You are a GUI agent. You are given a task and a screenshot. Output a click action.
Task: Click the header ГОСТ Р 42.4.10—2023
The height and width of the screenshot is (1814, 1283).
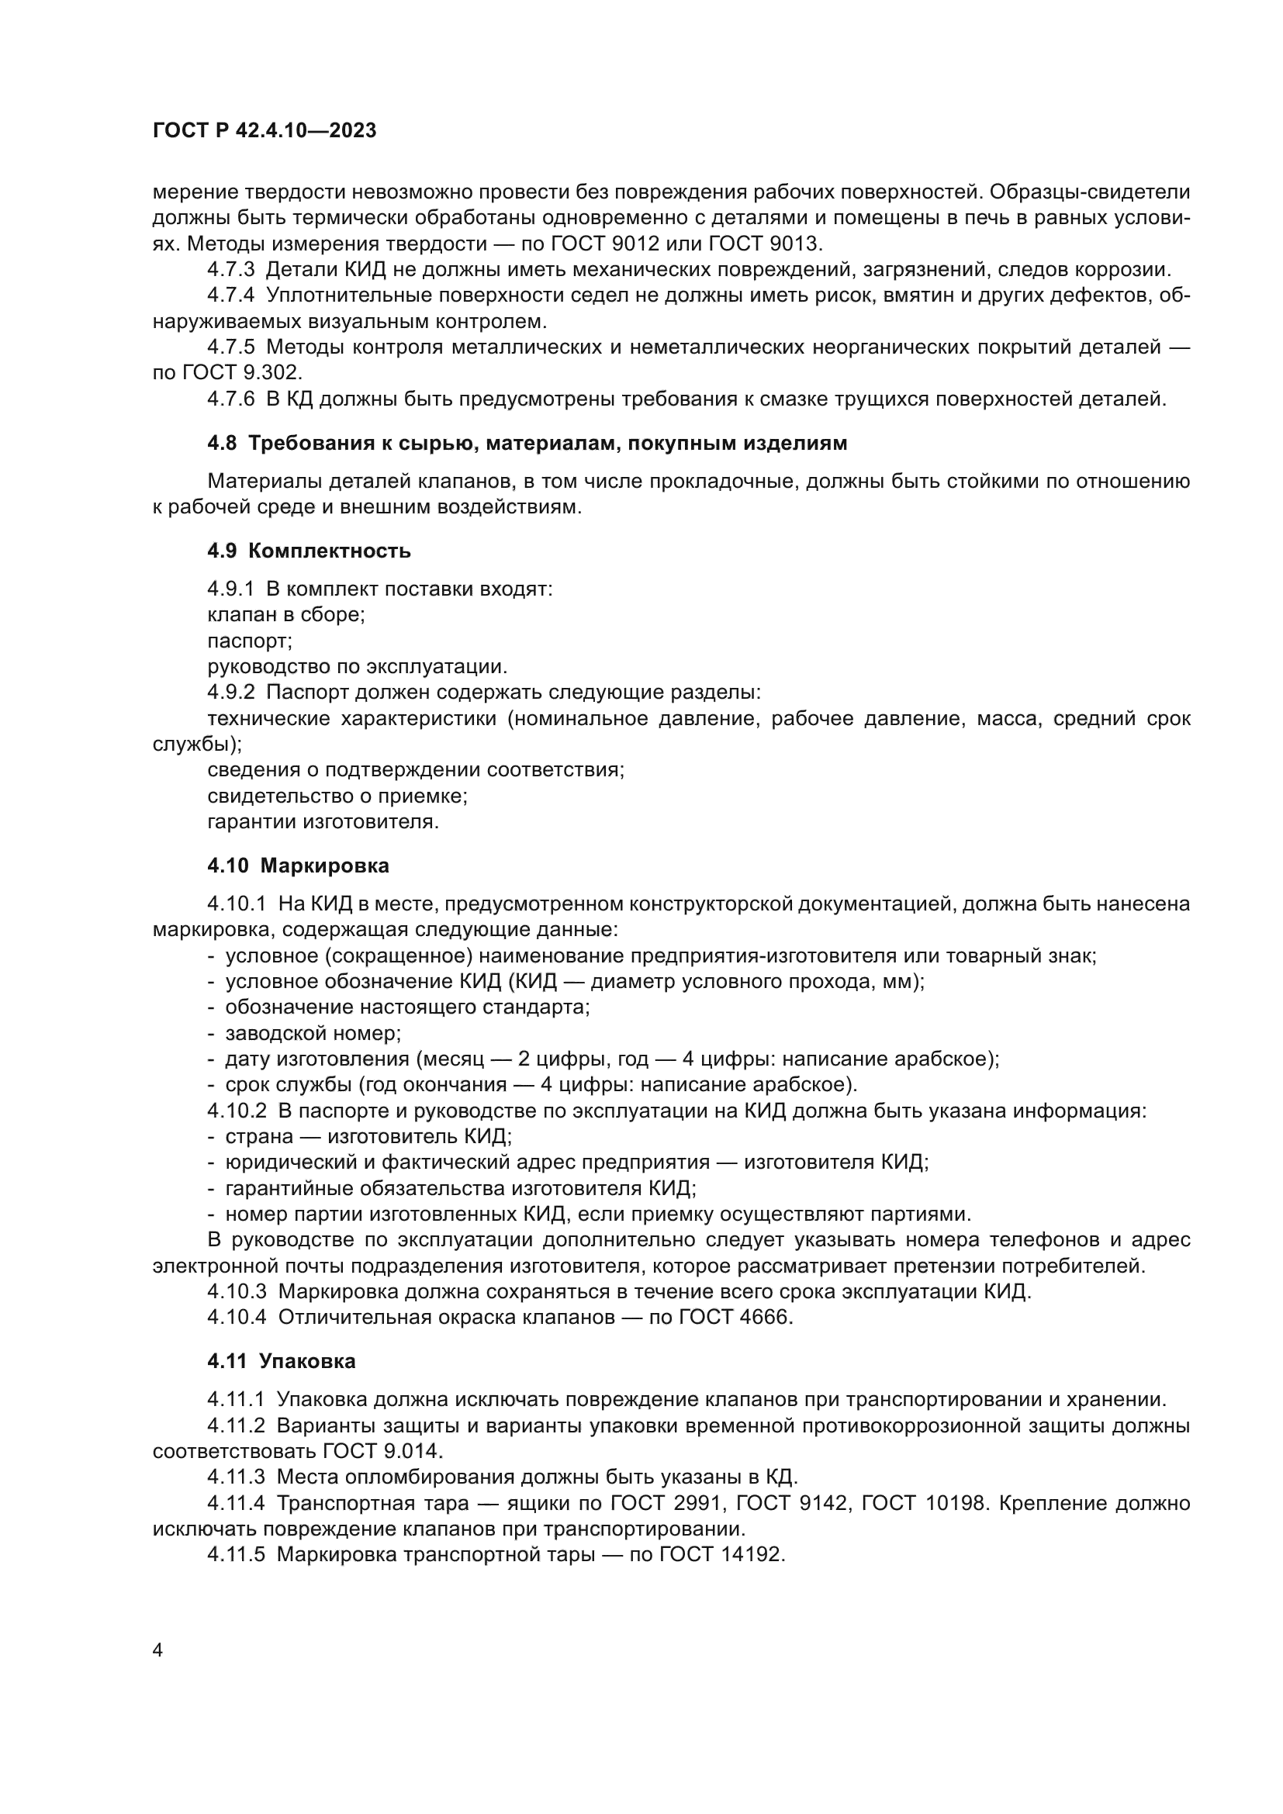point(264,131)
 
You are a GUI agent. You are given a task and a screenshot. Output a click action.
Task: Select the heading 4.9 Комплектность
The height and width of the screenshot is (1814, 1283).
point(308,551)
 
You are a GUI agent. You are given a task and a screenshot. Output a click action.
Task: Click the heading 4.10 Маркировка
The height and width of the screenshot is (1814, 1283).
point(298,866)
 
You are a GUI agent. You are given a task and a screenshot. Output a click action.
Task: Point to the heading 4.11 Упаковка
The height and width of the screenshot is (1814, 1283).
point(282,1361)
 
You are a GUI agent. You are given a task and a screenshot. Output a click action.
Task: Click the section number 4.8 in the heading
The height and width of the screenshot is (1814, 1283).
point(221,444)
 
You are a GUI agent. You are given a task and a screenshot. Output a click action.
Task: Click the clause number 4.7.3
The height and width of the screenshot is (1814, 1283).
point(230,269)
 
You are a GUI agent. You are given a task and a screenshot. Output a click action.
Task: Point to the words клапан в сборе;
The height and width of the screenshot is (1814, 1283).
point(286,615)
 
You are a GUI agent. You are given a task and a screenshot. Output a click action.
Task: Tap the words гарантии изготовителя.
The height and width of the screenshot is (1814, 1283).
point(323,821)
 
